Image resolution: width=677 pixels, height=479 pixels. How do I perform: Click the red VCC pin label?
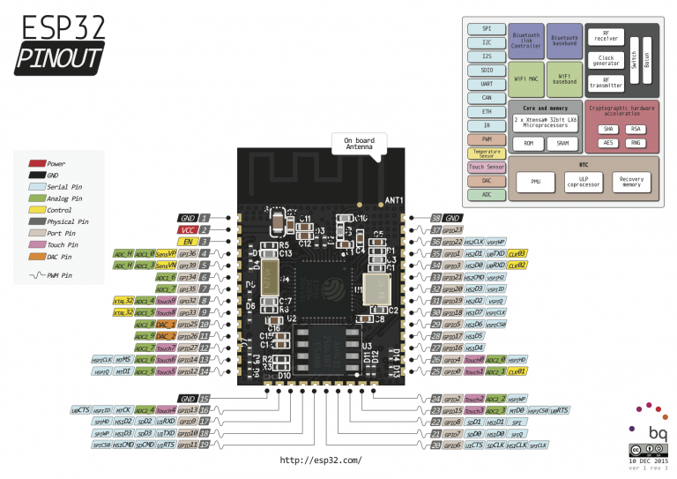[x=187, y=228]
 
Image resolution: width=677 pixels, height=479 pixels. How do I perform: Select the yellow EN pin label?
[x=187, y=240]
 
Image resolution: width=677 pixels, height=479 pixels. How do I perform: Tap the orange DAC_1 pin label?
[x=166, y=324]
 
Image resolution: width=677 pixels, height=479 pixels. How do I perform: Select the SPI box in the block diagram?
[x=487, y=28]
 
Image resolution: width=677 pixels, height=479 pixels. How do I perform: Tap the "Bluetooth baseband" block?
[x=564, y=41]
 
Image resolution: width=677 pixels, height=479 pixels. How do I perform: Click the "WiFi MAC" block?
[x=526, y=79]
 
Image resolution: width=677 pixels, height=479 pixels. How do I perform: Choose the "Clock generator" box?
[x=606, y=61]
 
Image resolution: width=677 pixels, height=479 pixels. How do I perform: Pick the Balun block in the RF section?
[x=646, y=59]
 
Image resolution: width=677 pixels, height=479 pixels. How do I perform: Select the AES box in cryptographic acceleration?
[x=608, y=143]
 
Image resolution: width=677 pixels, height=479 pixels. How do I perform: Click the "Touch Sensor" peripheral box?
[x=487, y=166]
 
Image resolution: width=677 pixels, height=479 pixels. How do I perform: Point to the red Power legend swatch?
[x=37, y=163]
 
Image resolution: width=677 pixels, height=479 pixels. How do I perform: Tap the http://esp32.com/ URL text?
[x=320, y=460]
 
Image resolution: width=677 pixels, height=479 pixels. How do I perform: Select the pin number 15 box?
[x=205, y=398]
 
